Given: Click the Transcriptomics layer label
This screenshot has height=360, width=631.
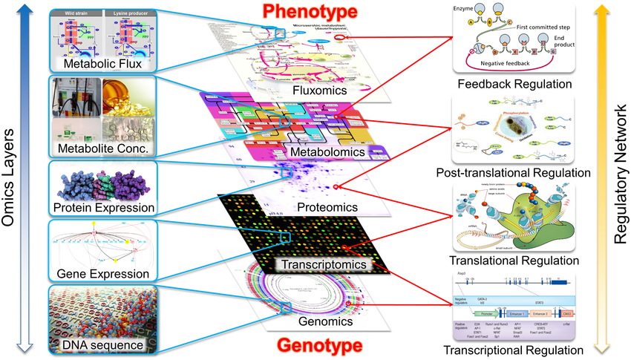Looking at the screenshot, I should (324, 264).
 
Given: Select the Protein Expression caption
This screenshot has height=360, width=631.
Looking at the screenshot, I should (103, 207).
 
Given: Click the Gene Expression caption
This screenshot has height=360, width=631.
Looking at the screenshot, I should (103, 275).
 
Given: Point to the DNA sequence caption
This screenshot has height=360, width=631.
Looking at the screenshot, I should (103, 345).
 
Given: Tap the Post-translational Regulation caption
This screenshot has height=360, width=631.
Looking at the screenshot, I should (514, 172).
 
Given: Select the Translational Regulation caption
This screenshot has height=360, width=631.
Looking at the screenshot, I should (514, 261).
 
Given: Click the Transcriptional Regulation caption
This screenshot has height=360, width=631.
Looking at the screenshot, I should (514, 350).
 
